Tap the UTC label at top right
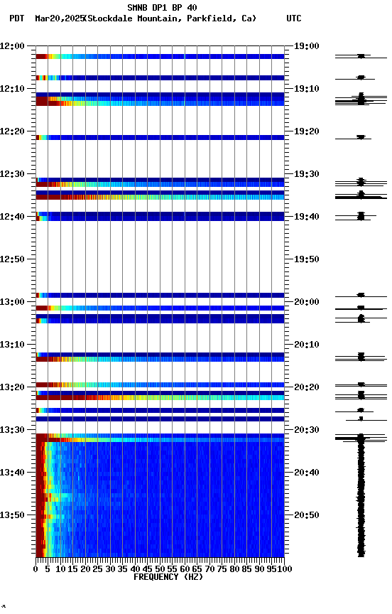coord(293,18)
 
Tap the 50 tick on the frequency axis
coord(160,569)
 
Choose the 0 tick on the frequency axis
coord(36,569)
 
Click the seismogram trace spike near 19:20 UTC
coord(361,137)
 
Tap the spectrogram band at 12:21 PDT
coord(160,137)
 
